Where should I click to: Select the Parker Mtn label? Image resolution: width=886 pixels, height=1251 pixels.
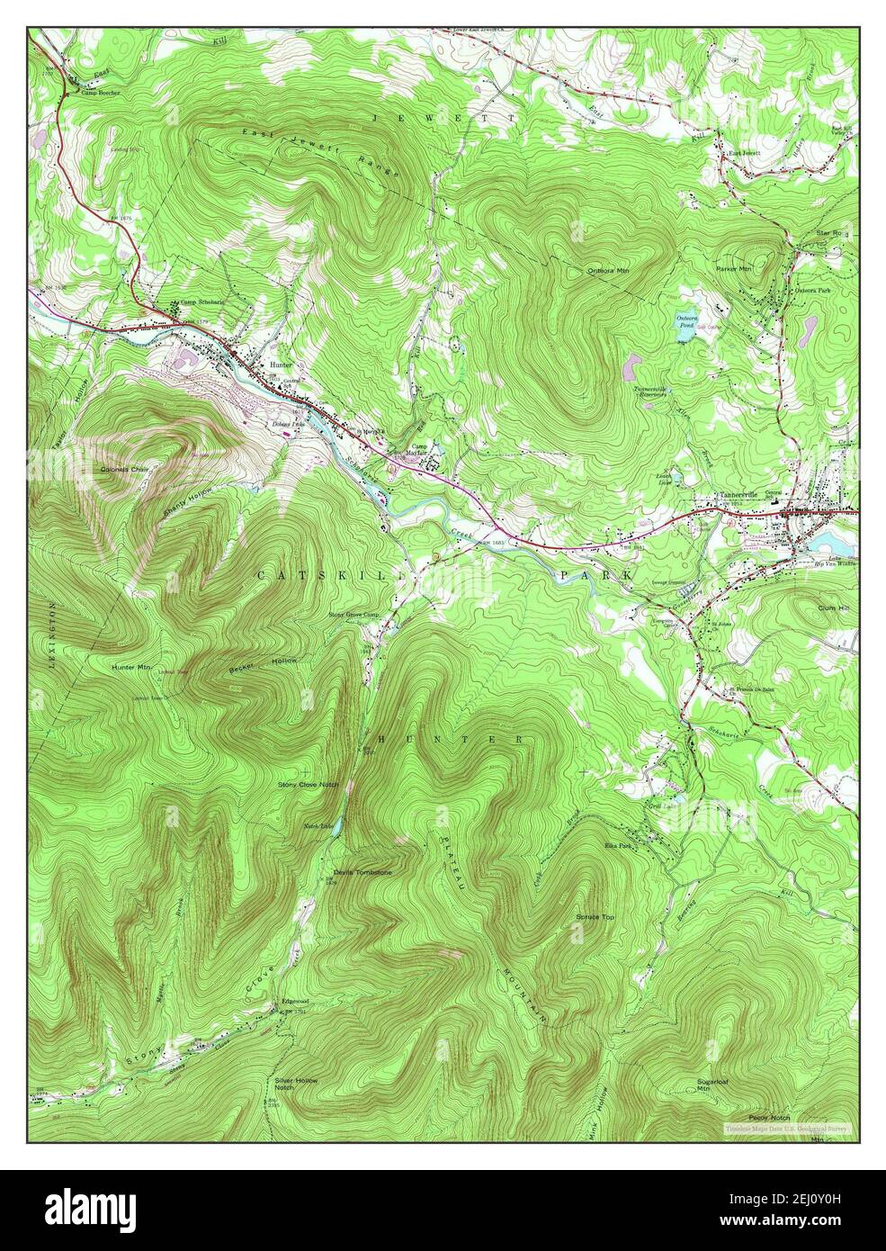[x=734, y=269]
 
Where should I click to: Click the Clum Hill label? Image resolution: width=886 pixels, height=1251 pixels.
[x=833, y=608]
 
